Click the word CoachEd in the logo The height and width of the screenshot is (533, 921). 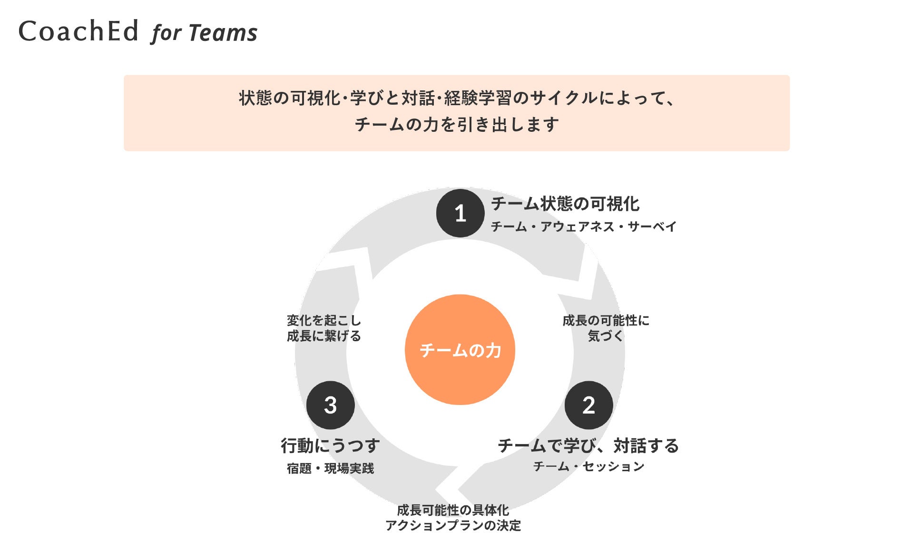pos(78,31)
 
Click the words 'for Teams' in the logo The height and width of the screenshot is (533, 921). pos(205,33)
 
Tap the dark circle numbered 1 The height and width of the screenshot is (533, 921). pos(460,213)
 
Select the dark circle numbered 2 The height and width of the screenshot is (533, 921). pos(588,405)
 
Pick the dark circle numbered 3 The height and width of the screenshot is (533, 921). pos(330,405)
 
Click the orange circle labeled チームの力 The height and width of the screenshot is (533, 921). pos(460,350)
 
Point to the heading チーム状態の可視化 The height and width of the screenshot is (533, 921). pos(565,204)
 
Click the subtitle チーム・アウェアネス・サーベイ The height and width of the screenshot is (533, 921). pos(583,227)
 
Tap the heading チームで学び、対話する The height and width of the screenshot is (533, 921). pos(588,446)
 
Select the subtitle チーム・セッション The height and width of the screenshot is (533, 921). pos(588,466)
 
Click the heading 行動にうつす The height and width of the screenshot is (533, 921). pos(330,446)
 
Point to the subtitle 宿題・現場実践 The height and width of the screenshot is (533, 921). pos(330,468)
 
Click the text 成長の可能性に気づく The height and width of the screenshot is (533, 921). pos(605,328)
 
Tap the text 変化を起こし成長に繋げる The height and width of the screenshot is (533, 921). pos(323,328)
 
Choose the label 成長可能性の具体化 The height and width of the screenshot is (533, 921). pos(453,510)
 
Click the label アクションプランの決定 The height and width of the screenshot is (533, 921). pos(453,525)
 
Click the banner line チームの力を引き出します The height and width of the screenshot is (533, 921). pos(457,125)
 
